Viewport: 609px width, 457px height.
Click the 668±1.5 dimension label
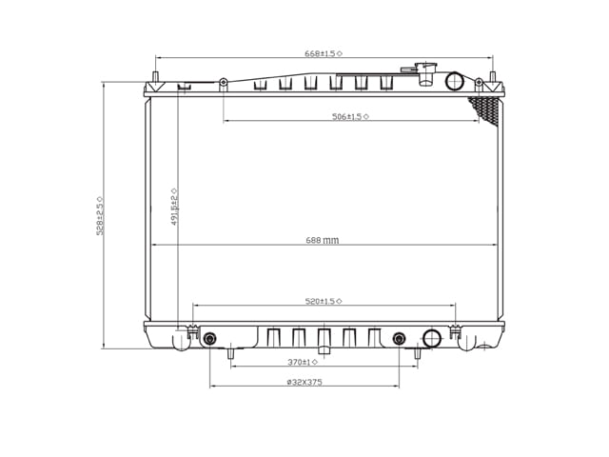tap(324, 53)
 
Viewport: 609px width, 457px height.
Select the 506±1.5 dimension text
tap(350, 116)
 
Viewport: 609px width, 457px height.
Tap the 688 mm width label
tap(322, 240)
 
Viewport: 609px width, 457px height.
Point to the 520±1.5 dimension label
tap(324, 301)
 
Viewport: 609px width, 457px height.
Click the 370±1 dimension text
tap(303, 362)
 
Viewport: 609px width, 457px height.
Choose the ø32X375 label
tap(304, 382)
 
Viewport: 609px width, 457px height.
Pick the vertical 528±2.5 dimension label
tap(99, 216)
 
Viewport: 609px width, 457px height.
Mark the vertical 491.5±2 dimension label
tap(174, 207)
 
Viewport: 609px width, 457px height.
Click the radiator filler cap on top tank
tap(425, 73)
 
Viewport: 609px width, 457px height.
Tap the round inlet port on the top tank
tap(455, 81)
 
